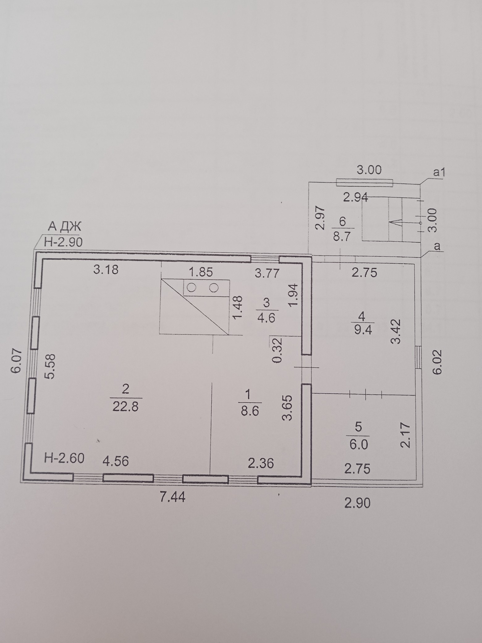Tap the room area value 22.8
(126, 406)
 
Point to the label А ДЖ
(64, 227)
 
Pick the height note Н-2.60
(64, 458)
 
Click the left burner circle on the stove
(192, 288)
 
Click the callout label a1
(438, 172)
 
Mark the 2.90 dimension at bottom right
(357, 503)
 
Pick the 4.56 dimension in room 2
(116, 461)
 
